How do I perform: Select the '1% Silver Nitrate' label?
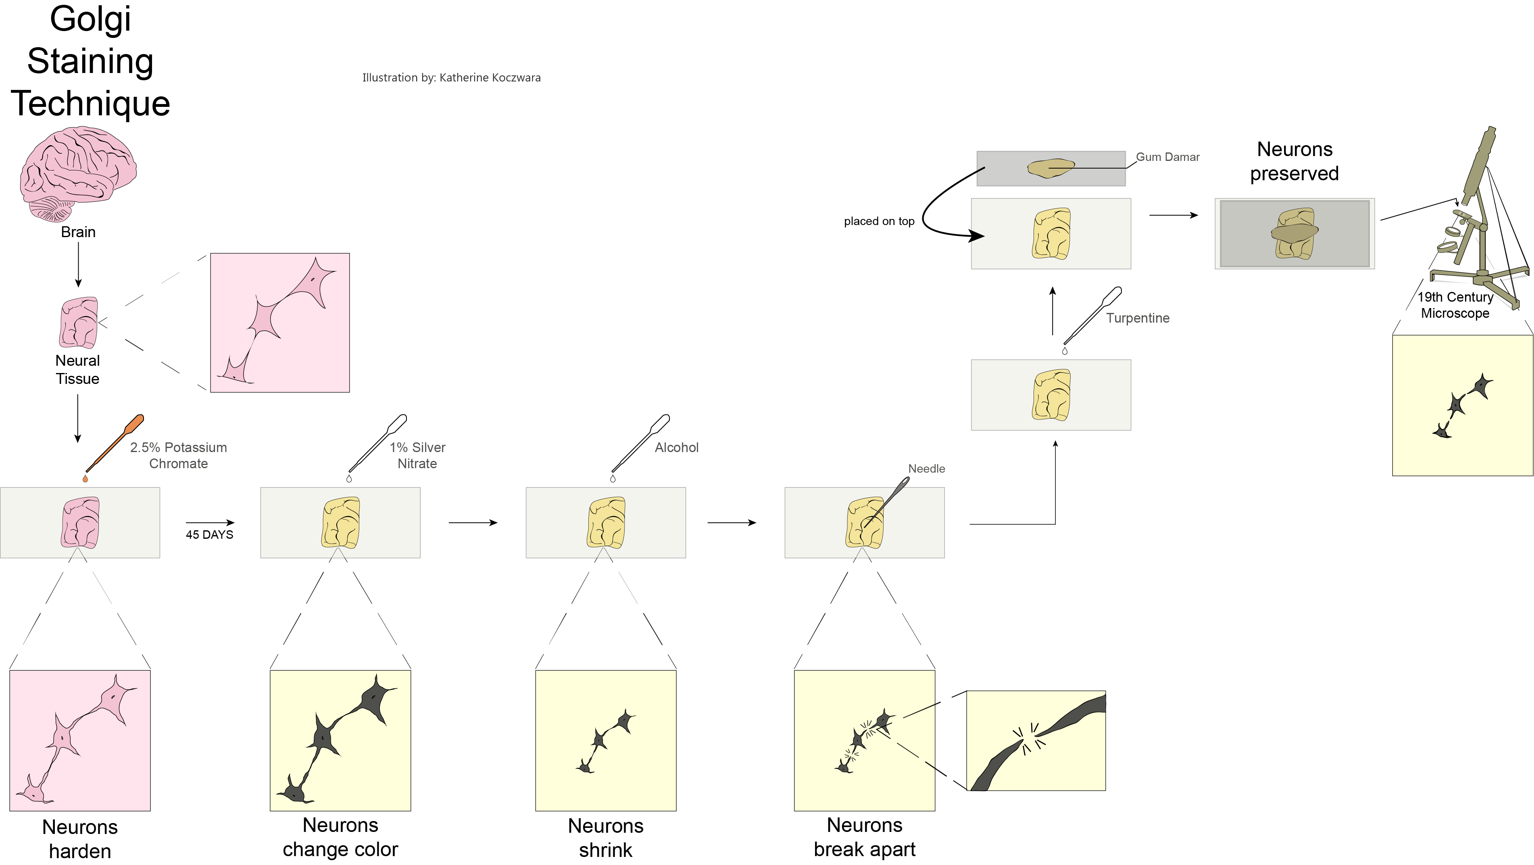tap(417, 455)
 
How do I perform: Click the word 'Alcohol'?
tap(677, 448)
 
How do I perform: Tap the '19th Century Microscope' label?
tap(1455, 305)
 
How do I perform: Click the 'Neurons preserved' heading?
tap(1294, 161)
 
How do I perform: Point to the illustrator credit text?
tap(451, 77)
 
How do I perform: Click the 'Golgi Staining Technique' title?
tap(90, 61)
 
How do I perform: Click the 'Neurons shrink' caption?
tap(606, 838)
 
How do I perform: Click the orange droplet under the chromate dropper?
tap(85, 479)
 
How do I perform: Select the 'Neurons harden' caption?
tap(80, 838)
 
